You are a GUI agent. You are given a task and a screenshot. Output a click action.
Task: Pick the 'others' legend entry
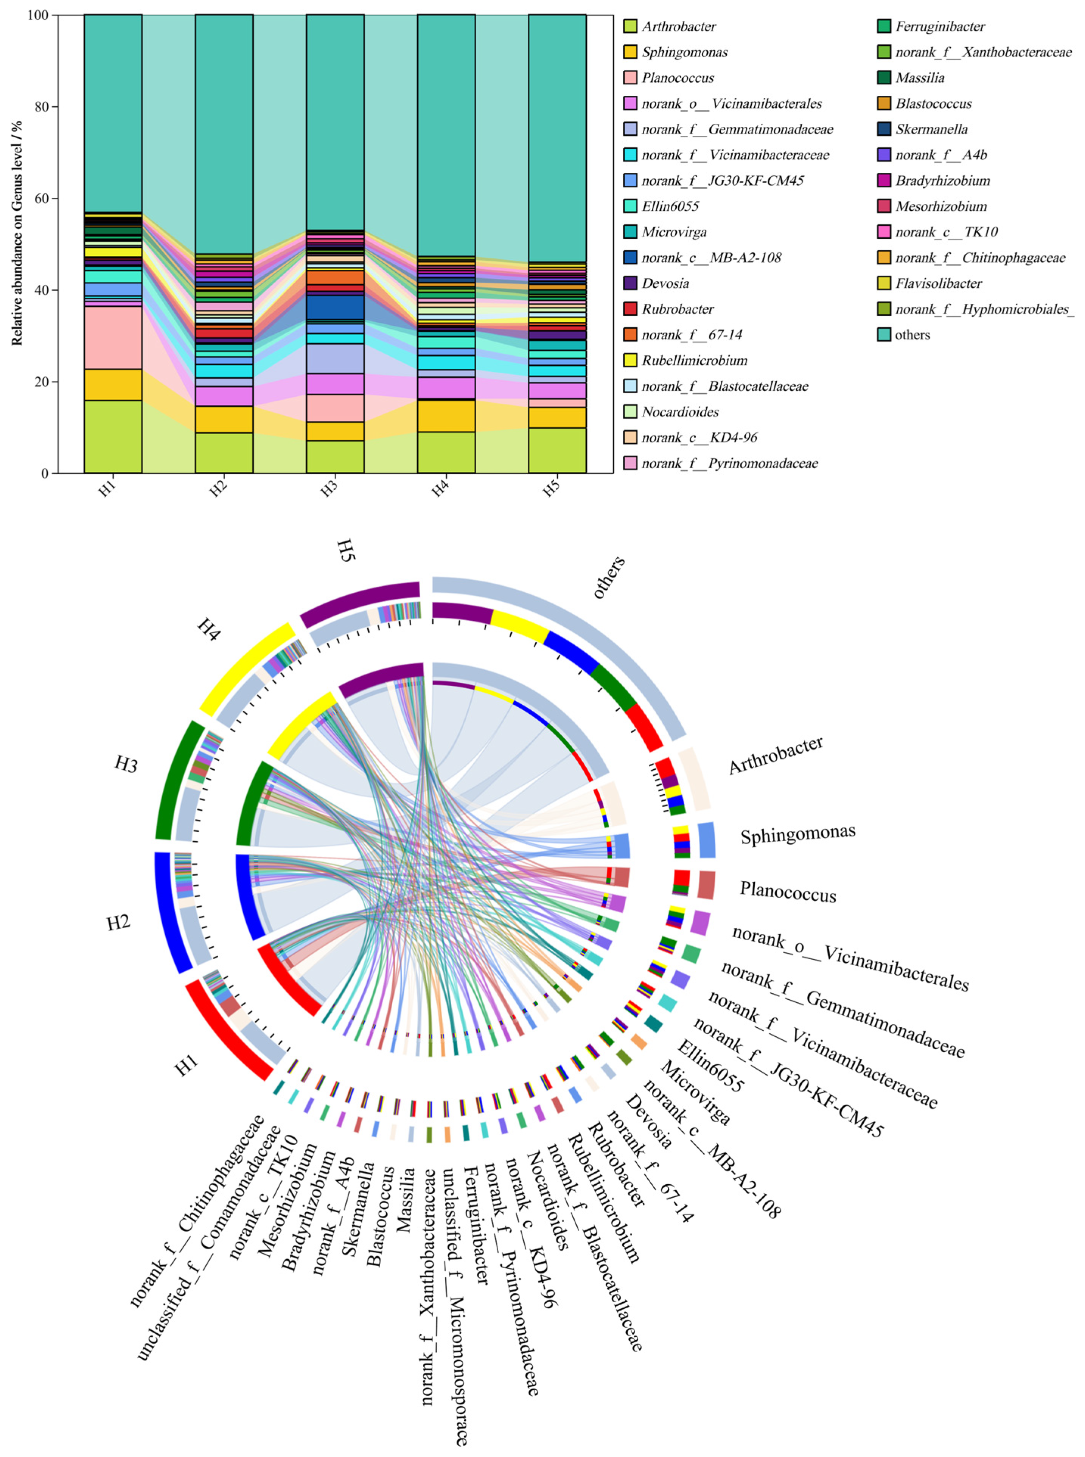(x=912, y=335)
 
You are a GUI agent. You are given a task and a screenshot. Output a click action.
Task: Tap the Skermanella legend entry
(x=931, y=129)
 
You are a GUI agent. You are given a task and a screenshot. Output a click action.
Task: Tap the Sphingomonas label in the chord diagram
(x=797, y=834)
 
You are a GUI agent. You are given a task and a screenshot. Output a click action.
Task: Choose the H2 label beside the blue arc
(x=119, y=923)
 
